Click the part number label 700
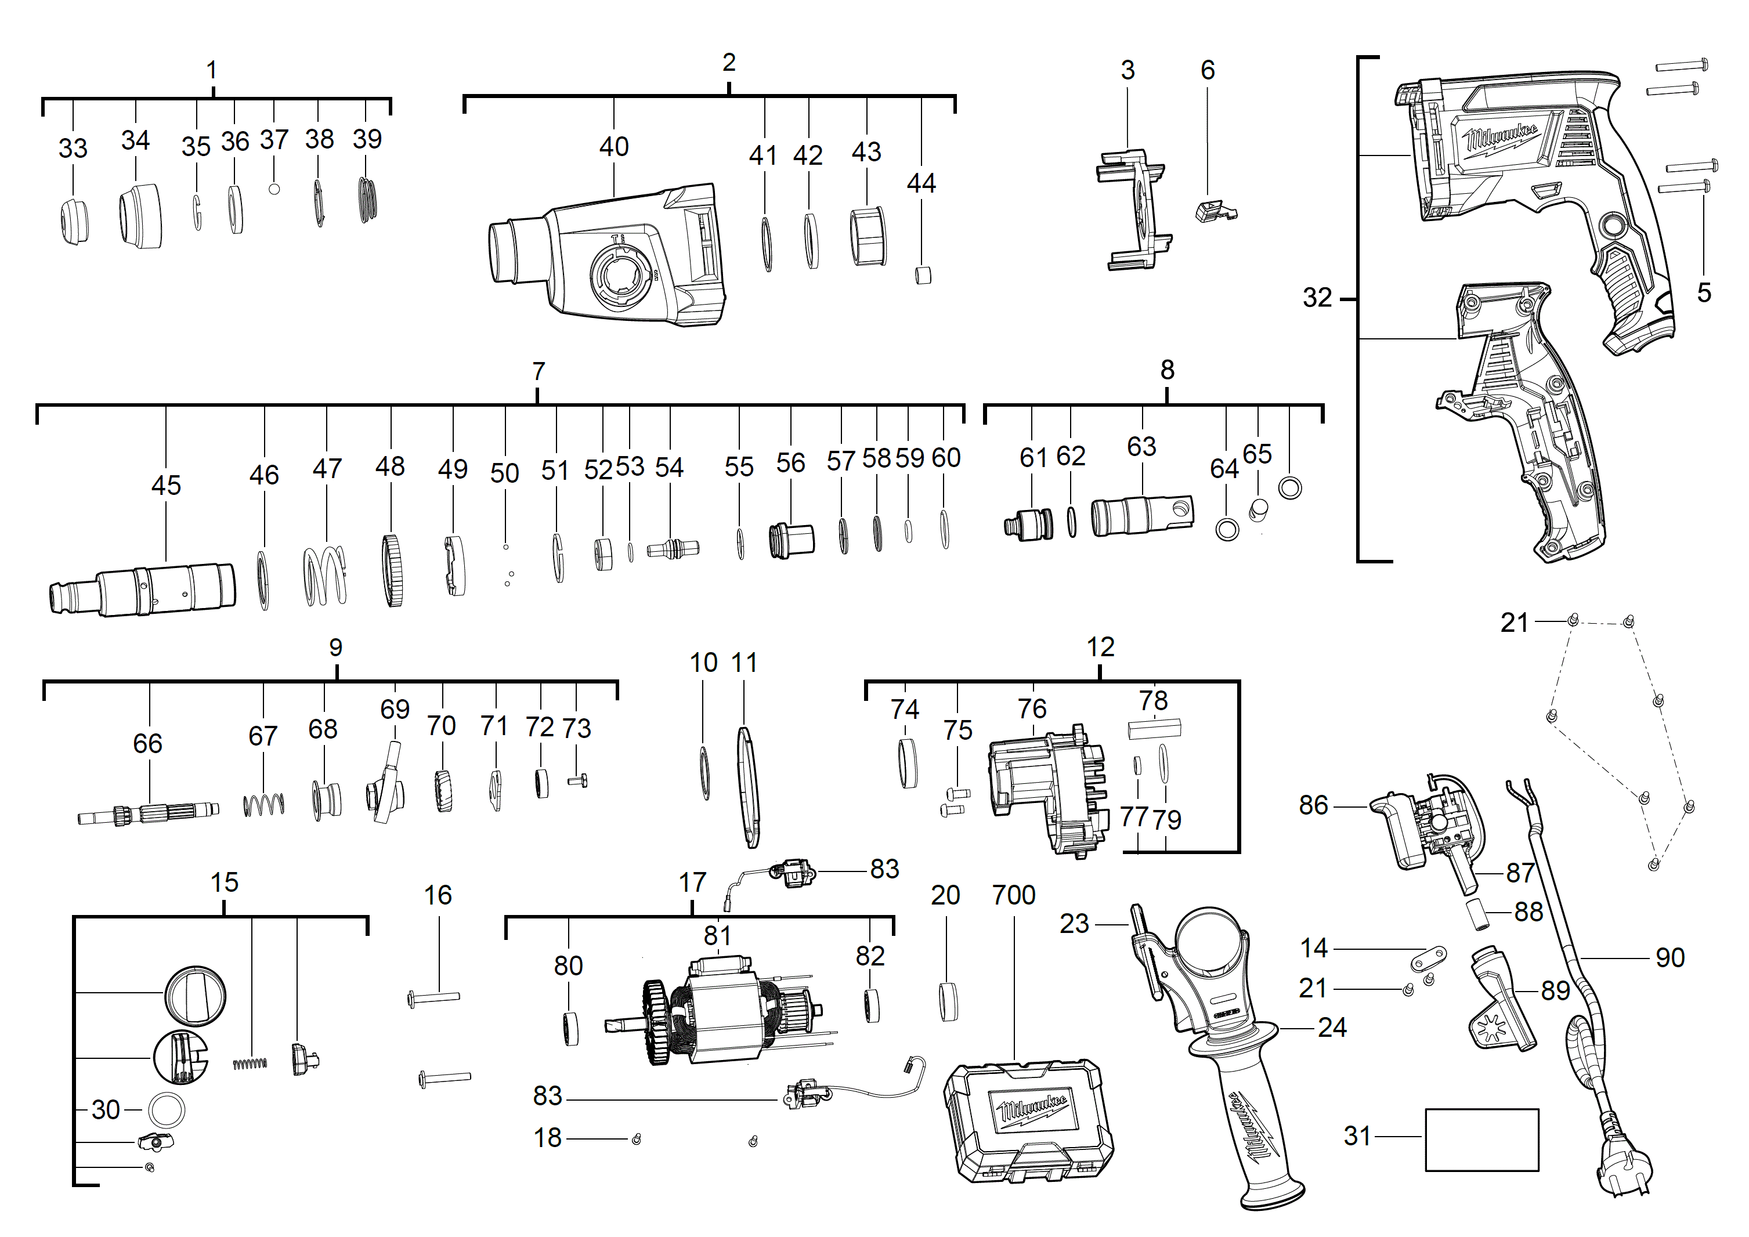point(1013,895)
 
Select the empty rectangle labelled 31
point(1481,1140)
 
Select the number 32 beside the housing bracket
point(1317,298)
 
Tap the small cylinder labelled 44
point(923,275)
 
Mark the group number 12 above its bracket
point(1100,648)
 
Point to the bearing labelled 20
point(948,1001)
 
